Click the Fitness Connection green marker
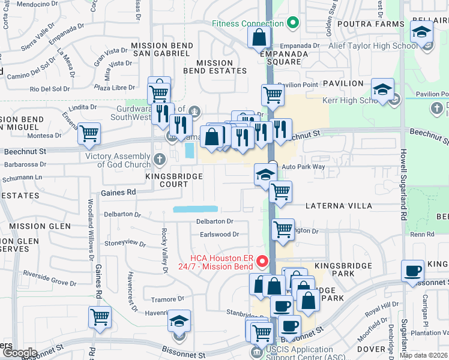293,24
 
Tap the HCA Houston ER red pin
262,261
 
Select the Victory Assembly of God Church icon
159,159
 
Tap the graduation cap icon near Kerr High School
382,89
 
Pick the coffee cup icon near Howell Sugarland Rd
412,271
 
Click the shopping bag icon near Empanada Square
259,38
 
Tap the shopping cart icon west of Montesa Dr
89,134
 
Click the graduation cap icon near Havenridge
179,321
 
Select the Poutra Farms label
370,24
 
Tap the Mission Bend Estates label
215,67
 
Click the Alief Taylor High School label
373,46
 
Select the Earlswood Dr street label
220,235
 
